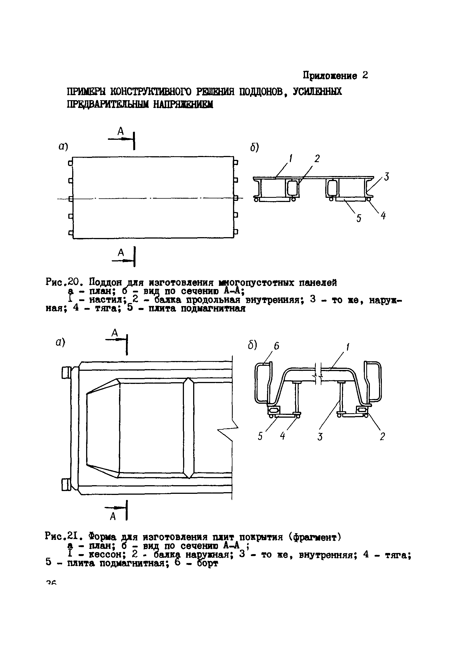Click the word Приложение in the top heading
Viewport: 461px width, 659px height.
pos(330,76)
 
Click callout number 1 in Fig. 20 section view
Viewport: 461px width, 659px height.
pos(291,158)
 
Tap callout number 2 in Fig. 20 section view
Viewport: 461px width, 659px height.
pos(317,158)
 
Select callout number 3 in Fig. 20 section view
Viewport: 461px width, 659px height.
pos(387,177)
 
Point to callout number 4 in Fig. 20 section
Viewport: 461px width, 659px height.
pos(383,215)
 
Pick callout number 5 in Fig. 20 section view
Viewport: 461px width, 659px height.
pos(359,218)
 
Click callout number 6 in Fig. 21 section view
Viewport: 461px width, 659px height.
pos(276,346)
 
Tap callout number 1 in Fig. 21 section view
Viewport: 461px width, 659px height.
pos(348,347)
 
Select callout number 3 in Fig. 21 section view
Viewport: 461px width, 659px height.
pos(320,437)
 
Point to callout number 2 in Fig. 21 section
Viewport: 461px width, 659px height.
pos(382,437)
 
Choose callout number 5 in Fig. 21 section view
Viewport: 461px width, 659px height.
pos(260,436)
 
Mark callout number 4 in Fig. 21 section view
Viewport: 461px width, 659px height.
pos(282,436)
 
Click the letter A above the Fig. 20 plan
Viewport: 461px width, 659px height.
pos(120,131)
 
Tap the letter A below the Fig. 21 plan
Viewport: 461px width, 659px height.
pos(113,517)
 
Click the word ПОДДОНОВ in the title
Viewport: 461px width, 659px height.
pos(260,92)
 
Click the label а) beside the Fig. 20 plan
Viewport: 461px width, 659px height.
pos(63,147)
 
